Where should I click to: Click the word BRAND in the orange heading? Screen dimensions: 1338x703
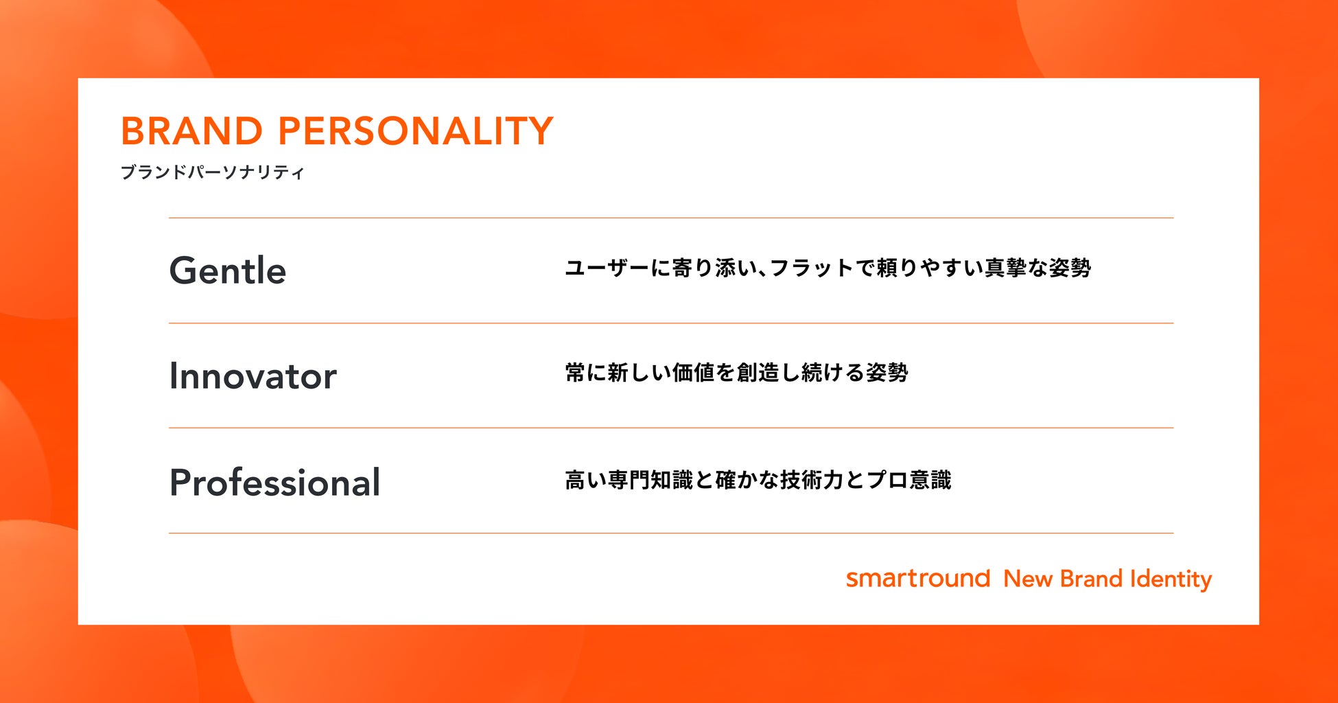pos(191,131)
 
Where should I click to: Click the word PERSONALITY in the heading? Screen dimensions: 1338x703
pos(415,131)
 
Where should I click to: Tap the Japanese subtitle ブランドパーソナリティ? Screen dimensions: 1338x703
pos(212,172)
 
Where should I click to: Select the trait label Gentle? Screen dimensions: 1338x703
pos(228,270)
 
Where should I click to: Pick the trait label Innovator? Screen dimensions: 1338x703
pos(253,376)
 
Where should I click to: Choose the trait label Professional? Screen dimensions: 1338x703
pos(274,482)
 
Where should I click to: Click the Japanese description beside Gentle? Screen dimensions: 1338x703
pos(828,268)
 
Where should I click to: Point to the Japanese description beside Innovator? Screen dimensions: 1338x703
pos(736,373)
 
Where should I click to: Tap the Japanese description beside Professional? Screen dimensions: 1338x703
pos(758,479)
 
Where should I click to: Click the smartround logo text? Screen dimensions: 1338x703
pos(918,578)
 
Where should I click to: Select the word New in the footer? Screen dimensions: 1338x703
pos(1028,579)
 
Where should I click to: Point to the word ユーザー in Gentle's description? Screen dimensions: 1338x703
pos(607,268)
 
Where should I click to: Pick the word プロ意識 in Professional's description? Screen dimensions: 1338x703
pos(908,479)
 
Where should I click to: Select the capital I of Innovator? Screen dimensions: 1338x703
pos(173,376)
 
